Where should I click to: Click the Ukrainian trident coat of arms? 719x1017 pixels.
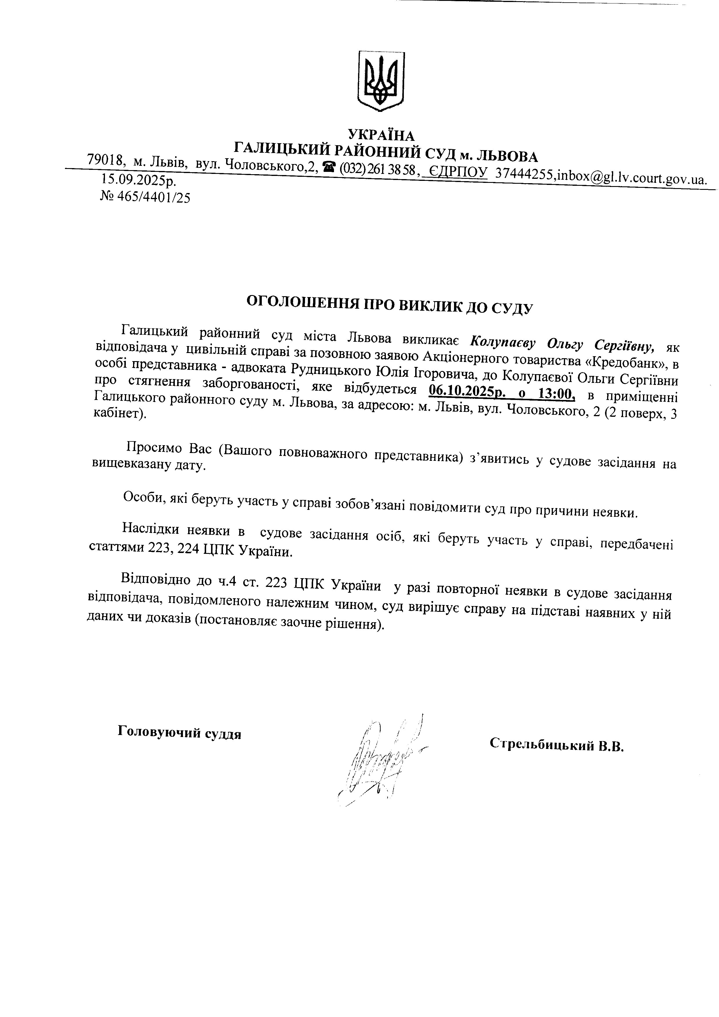(382, 81)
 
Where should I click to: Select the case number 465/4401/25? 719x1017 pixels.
(152, 198)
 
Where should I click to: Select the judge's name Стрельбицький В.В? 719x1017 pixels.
(556, 745)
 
